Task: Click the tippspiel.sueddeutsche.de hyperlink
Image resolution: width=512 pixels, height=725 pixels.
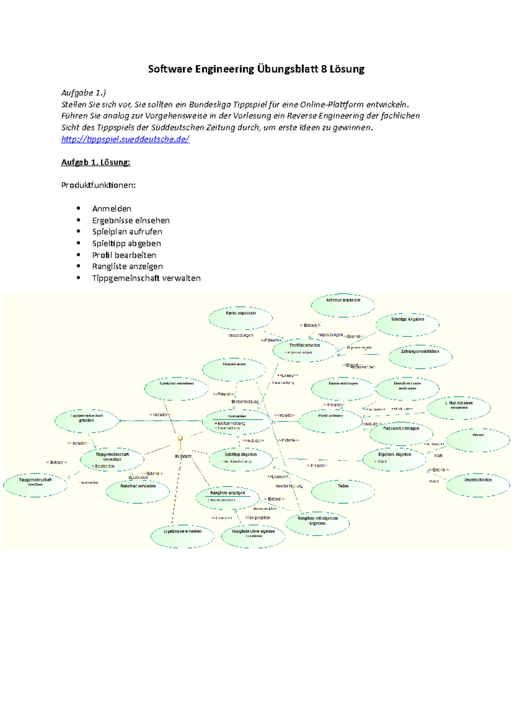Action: pyautogui.click(x=125, y=139)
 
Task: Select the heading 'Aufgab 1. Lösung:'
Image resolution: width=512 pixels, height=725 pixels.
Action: pyautogui.click(x=96, y=162)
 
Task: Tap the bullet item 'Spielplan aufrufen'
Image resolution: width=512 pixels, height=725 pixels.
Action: pyautogui.click(x=127, y=232)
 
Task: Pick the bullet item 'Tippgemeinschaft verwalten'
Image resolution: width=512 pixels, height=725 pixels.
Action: pyautogui.click(x=146, y=278)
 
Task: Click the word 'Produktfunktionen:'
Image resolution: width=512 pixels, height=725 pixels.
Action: pyautogui.click(x=99, y=185)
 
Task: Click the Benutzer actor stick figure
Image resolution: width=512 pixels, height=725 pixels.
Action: pyautogui.click(x=180, y=444)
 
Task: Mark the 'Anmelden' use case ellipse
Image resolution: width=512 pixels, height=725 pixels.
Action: pyautogui.click(x=237, y=422)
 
